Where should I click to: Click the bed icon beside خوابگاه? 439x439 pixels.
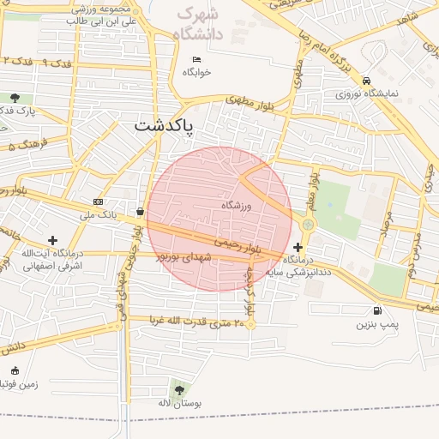(196, 59)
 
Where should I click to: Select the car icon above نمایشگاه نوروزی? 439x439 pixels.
(367, 80)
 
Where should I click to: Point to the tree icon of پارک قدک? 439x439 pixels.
(15, 98)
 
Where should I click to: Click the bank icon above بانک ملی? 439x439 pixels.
(99, 202)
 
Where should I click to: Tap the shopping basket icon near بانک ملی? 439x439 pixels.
(140, 211)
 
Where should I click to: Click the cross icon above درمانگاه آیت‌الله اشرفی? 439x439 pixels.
(53, 240)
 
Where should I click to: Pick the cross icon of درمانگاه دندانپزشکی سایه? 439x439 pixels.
(298, 246)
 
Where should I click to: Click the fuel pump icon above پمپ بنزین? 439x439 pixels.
(377, 311)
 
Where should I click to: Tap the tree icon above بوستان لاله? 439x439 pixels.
(178, 390)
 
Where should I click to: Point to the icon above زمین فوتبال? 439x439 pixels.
(15, 371)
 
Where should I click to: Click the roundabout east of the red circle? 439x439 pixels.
(307, 225)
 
